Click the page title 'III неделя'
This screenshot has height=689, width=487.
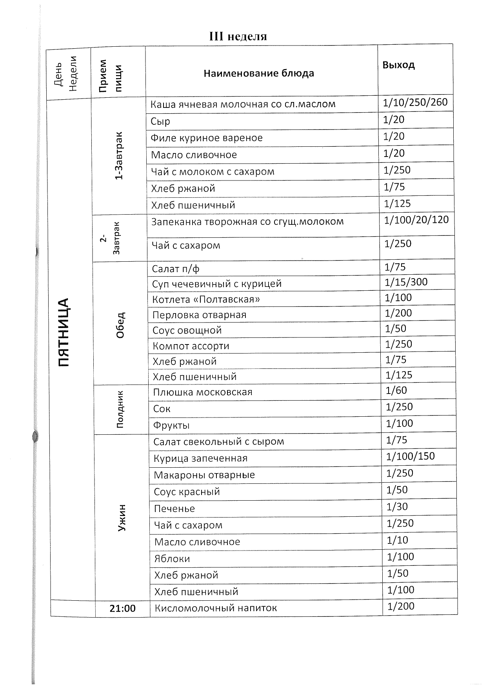click(x=238, y=36)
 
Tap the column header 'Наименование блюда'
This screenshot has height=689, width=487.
click(x=259, y=73)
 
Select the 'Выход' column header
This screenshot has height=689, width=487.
click(x=398, y=65)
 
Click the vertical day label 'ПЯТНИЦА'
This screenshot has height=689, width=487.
click(x=64, y=332)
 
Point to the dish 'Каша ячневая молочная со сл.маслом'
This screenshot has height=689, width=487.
click(x=243, y=104)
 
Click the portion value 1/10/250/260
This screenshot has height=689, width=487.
click(x=415, y=102)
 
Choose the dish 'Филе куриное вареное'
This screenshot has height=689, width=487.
click(x=207, y=138)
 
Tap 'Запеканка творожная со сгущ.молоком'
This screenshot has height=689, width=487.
click(x=247, y=222)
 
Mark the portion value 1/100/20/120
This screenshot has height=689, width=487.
click(x=416, y=220)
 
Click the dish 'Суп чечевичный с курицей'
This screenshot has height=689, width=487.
click(x=217, y=284)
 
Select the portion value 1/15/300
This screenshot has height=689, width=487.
click(x=406, y=282)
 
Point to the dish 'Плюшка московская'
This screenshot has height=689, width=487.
click(x=203, y=392)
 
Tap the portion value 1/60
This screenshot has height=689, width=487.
click(x=396, y=390)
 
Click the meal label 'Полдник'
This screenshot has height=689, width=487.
click(x=120, y=409)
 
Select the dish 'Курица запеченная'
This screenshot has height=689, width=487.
click(x=200, y=458)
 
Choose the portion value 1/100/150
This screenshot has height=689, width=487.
click(x=411, y=456)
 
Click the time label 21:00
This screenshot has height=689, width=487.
click(x=122, y=609)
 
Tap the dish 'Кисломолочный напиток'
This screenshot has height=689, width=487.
click(x=216, y=608)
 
